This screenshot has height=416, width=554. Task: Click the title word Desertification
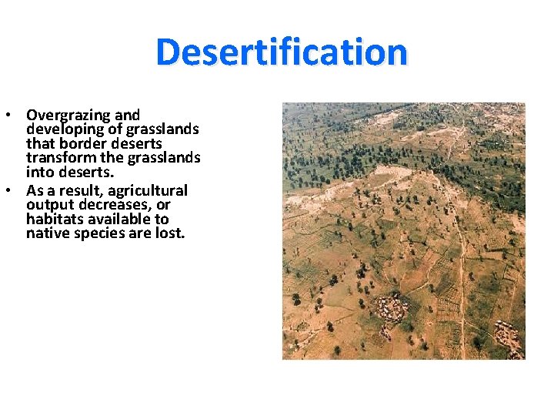(x=282, y=52)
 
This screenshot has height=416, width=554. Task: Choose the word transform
(x=59, y=159)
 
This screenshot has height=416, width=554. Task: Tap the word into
(x=39, y=173)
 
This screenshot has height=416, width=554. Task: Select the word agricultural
(x=149, y=190)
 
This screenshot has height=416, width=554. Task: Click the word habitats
(x=53, y=220)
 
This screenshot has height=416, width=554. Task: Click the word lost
(x=170, y=233)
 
